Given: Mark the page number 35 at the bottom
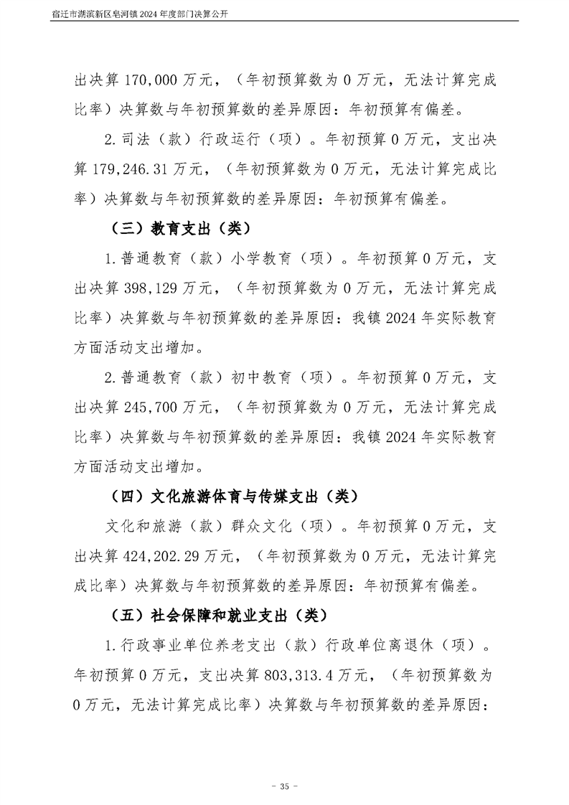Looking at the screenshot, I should [284, 787].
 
